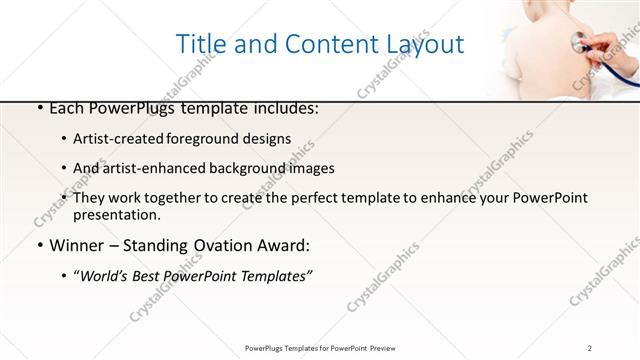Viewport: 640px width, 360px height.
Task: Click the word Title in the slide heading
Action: (x=200, y=44)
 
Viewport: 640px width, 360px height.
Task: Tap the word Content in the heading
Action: (x=321, y=44)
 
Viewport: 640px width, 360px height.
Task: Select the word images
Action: (x=309, y=169)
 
